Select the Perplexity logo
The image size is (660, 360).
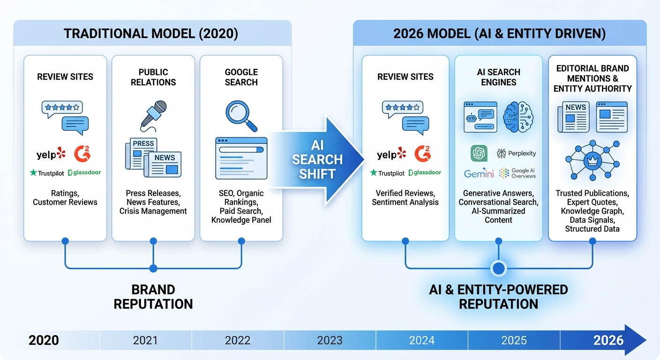(x=516, y=153)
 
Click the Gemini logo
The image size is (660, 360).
(x=479, y=173)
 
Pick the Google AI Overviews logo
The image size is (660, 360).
(x=517, y=173)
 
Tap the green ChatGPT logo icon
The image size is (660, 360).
(x=479, y=153)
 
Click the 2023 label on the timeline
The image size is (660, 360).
(x=330, y=340)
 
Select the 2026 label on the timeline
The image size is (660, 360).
(x=608, y=340)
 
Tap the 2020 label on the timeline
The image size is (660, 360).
(x=44, y=340)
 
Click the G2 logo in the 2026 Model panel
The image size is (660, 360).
(x=423, y=153)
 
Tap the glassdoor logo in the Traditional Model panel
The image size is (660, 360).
(x=84, y=172)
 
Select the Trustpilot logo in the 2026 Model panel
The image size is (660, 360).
(x=387, y=173)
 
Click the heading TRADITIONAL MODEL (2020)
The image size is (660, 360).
(x=150, y=34)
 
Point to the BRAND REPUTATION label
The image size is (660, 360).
(x=153, y=296)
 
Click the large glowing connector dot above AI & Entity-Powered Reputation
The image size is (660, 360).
(x=498, y=268)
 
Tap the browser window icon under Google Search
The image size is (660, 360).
(x=241, y=158)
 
